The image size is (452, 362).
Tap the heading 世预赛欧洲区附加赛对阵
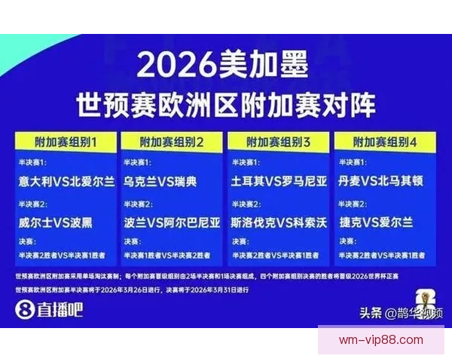click(225, 104)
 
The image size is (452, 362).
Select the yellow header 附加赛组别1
click(66, 142)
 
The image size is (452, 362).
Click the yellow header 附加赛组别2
click(173, 142)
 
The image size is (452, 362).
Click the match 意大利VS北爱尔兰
click(67, 182)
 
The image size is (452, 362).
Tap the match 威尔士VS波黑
click(56, 222)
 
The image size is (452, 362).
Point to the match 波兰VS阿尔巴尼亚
click(173, 222)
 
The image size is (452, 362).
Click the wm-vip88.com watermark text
click(380, 340)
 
